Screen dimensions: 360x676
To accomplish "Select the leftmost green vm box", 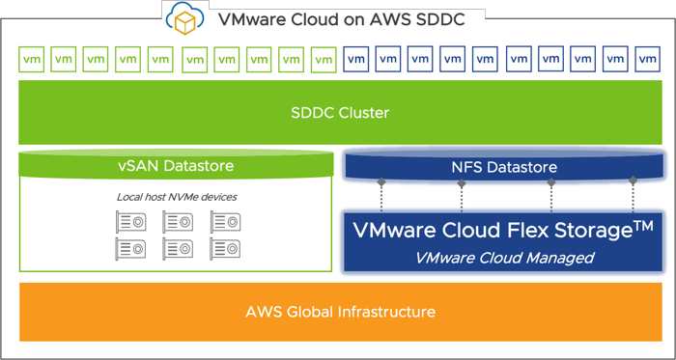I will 31,60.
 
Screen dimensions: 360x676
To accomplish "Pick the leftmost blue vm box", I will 356,60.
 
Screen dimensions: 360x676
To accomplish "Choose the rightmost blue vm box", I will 645,60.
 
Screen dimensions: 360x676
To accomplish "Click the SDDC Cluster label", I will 338,113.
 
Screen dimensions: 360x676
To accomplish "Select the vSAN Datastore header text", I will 175,166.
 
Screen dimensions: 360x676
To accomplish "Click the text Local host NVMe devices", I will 175,198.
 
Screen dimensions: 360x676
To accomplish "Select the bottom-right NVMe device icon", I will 225,249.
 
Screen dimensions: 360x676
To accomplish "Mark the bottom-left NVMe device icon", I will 130,249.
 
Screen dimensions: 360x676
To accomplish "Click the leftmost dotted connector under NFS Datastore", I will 382,198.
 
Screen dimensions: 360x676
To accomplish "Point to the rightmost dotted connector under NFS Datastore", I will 634,198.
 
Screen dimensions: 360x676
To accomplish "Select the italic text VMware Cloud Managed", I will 504,257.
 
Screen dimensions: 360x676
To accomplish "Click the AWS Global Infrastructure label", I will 338,312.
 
